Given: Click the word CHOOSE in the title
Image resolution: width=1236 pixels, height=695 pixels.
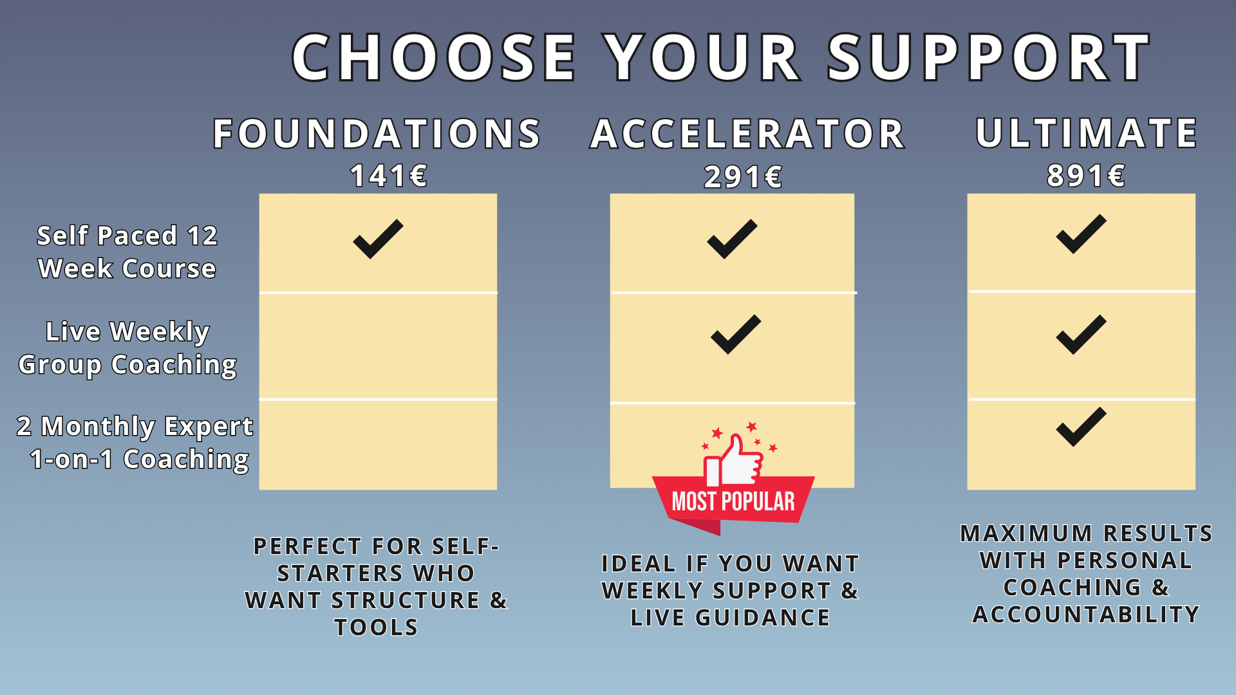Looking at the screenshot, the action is coord(434,57).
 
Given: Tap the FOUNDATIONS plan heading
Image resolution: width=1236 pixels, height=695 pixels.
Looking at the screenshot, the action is coord(377,134).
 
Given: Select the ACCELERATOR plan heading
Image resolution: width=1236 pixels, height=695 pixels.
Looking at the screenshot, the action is coord(747,134).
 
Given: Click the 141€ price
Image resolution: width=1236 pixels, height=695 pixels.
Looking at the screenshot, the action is coord(389,175).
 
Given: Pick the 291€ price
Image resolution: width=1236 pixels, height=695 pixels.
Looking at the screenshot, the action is coord(743,176).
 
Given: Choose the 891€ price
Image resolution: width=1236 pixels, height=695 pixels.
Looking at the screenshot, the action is coord(1086,175).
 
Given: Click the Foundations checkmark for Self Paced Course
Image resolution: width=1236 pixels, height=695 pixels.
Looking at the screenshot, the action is coord(379,239).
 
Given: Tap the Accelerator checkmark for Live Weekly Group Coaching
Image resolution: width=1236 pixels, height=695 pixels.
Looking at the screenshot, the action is coord(736,334).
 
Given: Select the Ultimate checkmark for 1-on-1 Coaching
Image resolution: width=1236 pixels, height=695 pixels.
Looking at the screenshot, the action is coord(1081,427).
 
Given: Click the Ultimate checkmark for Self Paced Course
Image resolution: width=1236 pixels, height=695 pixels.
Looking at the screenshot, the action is coord(1081,234).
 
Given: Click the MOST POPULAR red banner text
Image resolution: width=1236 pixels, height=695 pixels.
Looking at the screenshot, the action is coord(733,501).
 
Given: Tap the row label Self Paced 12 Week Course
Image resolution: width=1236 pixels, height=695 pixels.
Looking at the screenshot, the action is coord(127,252).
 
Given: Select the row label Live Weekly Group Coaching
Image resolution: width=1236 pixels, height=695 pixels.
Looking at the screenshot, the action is coord(127,348).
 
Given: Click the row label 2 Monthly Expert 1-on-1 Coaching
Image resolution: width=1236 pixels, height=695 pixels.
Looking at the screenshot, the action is coord(135,443).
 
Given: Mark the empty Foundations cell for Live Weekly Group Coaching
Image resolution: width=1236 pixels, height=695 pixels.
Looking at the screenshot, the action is coord(378,346).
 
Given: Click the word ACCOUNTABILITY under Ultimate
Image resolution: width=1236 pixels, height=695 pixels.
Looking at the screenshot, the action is coord(1086,615).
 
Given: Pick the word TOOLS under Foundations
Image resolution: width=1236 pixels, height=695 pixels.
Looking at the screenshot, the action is coord(377,627).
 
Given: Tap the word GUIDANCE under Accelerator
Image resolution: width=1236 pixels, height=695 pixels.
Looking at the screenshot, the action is coord(763,618).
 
